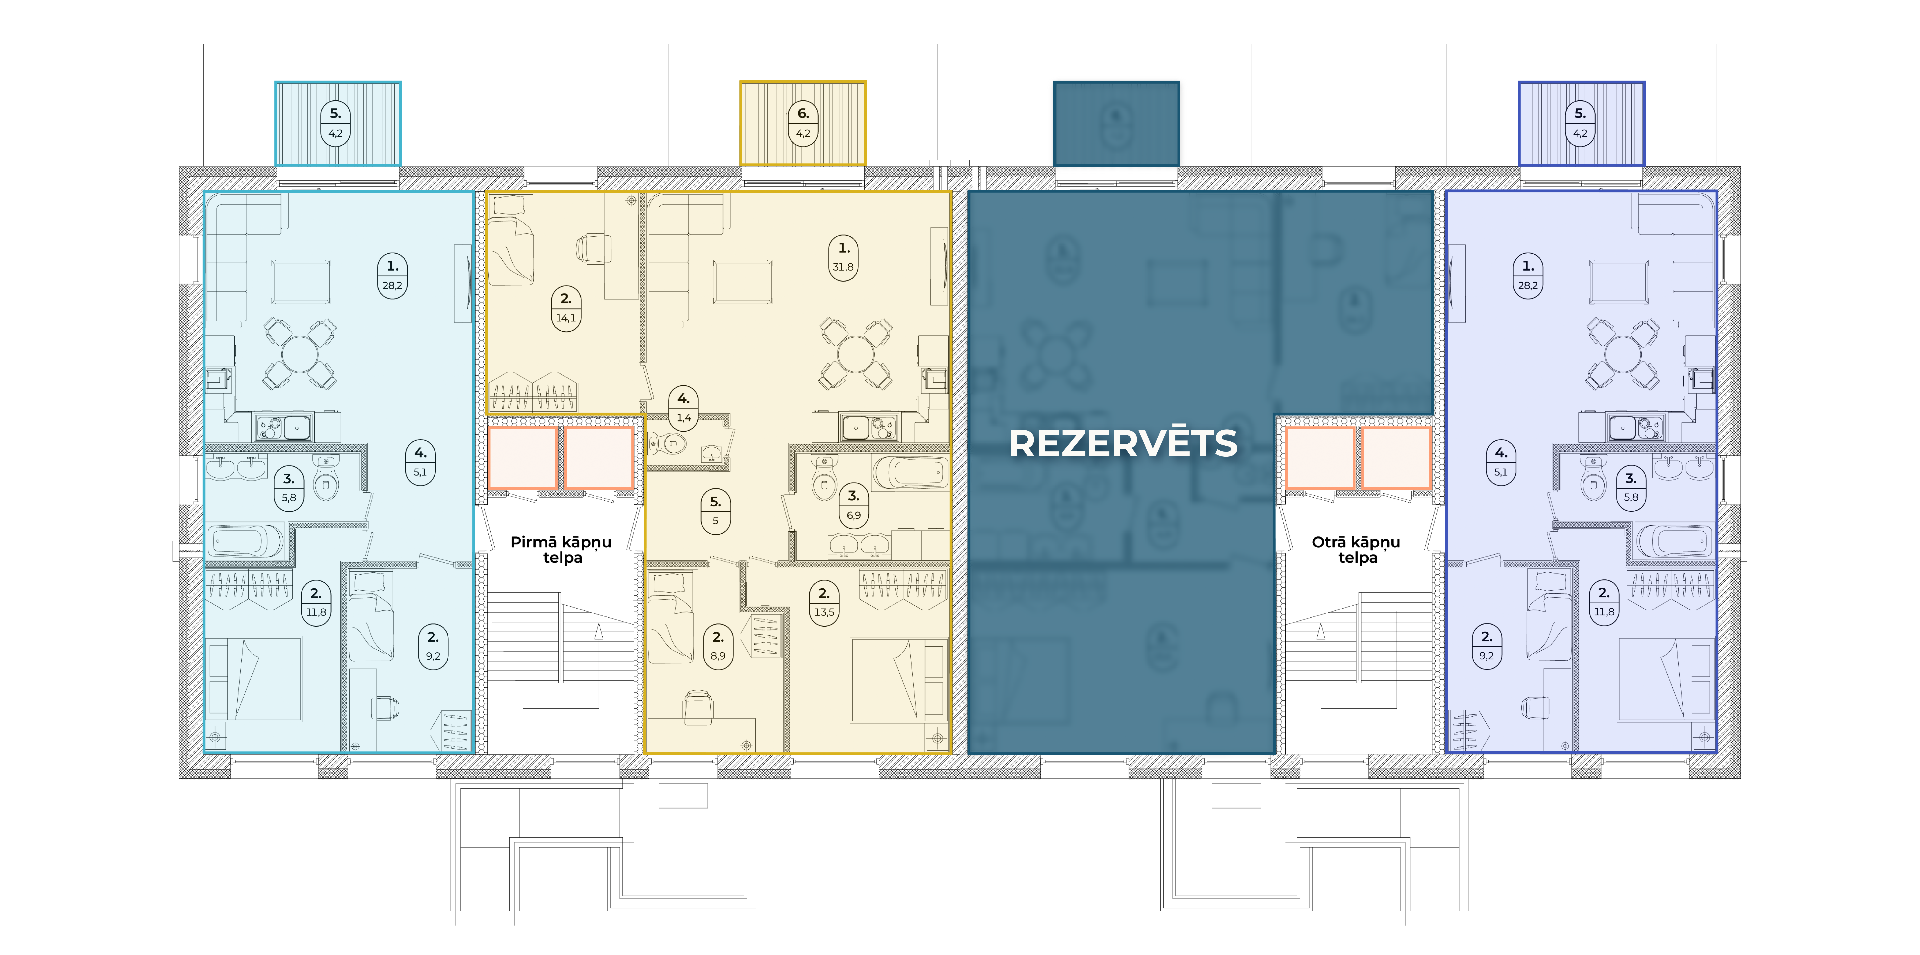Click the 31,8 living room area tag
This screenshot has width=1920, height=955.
[844, 257]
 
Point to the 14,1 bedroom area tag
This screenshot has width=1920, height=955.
[566, 308]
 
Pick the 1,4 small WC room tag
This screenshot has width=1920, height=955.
[683, 408]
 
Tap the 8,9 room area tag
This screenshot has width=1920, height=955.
[718, 646]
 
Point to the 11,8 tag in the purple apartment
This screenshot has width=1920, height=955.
[1604, 602]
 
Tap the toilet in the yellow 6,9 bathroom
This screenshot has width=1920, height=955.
[824, 479]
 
